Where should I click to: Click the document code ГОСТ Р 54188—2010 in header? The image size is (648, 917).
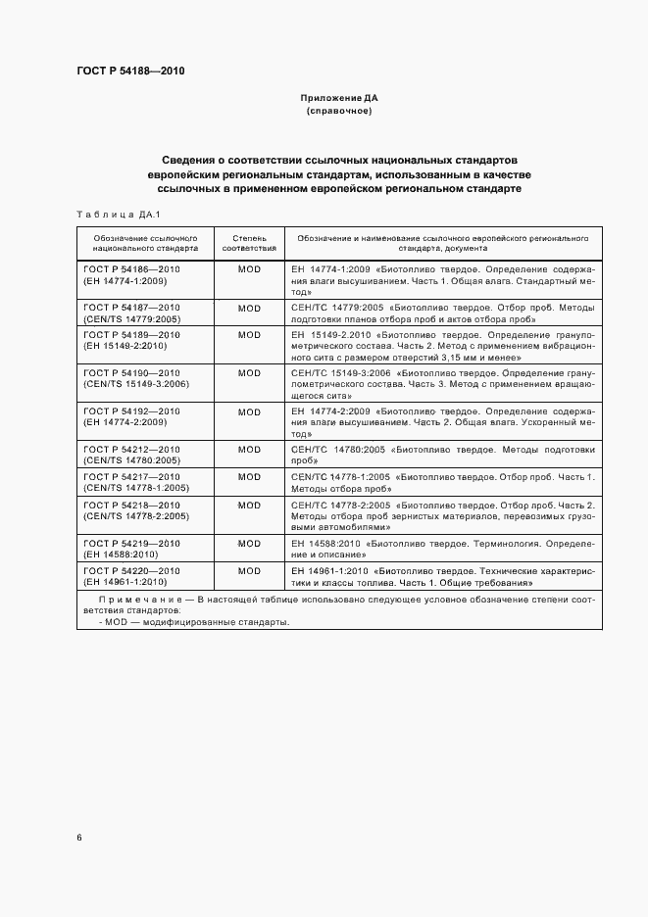point(129,71)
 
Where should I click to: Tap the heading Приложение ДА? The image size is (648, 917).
point(338,99)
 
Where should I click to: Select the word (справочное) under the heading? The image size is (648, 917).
point(338,112)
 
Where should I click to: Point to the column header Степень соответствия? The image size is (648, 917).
point(249,243)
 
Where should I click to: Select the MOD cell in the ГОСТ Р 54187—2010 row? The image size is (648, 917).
point(249,309)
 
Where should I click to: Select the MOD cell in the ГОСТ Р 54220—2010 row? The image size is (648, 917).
point(249,570)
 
